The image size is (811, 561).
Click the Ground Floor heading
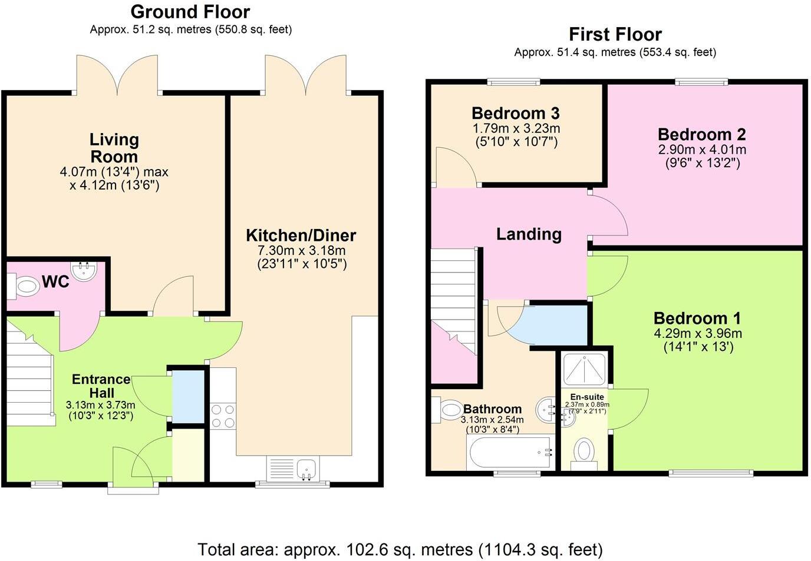point(190,11)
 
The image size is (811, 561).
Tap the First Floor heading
point(615,34)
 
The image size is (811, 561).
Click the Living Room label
point(114,148)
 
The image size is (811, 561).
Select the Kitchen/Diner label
point(301,235)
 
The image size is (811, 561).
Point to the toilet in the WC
point(24,287)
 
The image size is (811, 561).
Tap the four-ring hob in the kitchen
point(223,416)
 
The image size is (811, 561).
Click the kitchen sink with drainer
point(293,469)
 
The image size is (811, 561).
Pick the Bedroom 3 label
point(515,113)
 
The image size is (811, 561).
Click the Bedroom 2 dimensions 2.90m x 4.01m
point(702,150)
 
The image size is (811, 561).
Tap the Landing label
point(529,234)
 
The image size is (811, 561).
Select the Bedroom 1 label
point(697,318)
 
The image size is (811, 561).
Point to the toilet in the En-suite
point(583,452)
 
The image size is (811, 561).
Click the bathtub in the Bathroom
point(510,452)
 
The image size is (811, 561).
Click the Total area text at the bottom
point(400,550)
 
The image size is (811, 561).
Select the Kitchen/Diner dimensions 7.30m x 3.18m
point(302,251)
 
